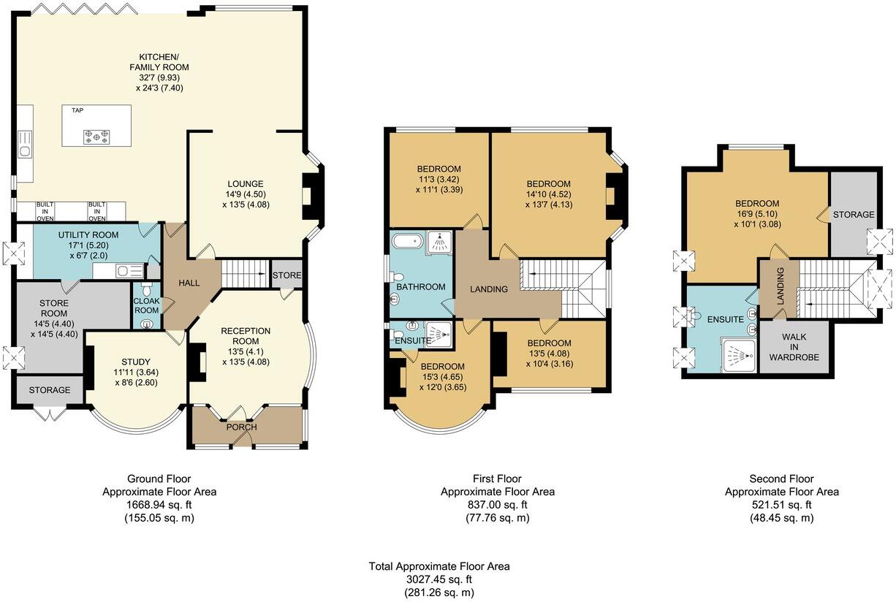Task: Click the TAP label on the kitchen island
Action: tap(77, 110)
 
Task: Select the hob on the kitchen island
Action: tap(96, 135)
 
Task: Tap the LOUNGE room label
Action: tap(245, 183)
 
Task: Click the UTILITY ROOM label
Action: tap(83, 234)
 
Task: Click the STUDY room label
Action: tap(136, 362)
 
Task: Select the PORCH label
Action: tap(241, 427)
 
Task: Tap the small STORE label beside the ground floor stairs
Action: tap(286, 275)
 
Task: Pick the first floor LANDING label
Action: tap(488, 289)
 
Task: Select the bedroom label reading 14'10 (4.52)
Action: tap(549, 194)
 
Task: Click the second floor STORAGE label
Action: tap(853, 215)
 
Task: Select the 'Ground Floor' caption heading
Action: tap(159, 479)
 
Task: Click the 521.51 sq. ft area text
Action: tap(781, 505)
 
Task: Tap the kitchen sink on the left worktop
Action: tap(25, 150)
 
